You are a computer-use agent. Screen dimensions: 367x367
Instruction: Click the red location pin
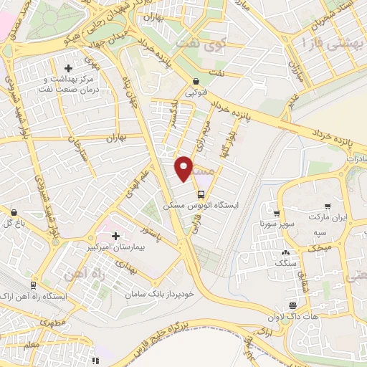point(184,168)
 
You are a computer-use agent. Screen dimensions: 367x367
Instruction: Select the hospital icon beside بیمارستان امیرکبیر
point(115,236)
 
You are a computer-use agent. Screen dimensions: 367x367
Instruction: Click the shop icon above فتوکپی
point(196,82)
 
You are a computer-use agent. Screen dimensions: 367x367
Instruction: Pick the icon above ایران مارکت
point(327,206)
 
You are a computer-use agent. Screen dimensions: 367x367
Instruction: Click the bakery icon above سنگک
point(286,253)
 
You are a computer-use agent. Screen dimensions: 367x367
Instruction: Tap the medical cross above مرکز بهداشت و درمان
point(68,68)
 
